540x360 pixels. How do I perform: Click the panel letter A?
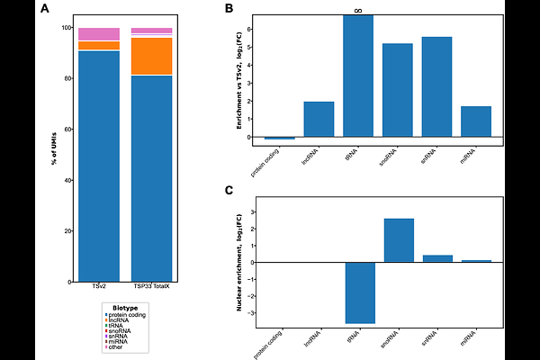tap(44, 9)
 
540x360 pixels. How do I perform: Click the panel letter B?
tap(229, 9)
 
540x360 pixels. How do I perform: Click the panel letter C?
tap(229, 191)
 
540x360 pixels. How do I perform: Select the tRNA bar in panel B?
tap(358, 76)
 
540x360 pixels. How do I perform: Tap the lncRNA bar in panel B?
tap(319, 119)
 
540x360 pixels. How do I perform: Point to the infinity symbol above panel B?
tap(358, 11)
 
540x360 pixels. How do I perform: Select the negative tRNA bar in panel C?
tap(358, 292)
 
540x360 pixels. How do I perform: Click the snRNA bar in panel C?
tap(437, 258)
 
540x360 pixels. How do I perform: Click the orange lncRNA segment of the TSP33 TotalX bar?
tap(151, 56)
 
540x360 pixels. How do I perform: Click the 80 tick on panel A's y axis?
tap(67, 78)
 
